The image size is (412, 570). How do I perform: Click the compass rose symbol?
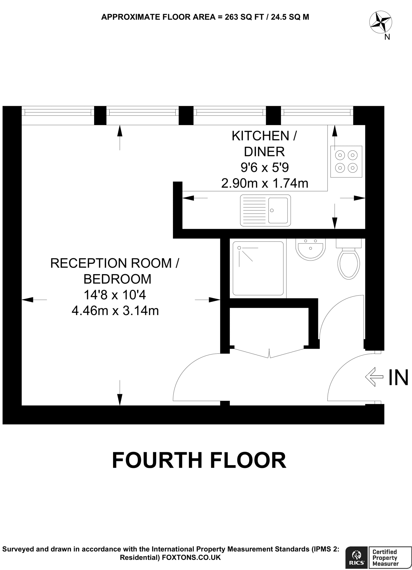[381, 22]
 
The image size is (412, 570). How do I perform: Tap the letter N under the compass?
[387, 37]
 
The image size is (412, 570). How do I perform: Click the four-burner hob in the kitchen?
[346, 161]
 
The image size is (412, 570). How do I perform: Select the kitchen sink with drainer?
[265, 210]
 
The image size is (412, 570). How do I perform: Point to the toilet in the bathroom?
[348, 262]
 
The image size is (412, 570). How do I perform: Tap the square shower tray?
[258, 268]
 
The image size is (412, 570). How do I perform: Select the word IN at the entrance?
[398, 377]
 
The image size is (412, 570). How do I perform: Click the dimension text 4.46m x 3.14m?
[115, 311]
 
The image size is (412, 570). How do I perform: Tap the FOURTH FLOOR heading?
[199, 460]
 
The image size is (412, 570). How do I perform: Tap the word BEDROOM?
[117, 279]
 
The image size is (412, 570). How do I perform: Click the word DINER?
[264, 152]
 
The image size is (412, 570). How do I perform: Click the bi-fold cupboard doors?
[269, 353]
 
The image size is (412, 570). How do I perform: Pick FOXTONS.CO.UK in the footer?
[191, 557]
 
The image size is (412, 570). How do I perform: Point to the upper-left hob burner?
[340, 155]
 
